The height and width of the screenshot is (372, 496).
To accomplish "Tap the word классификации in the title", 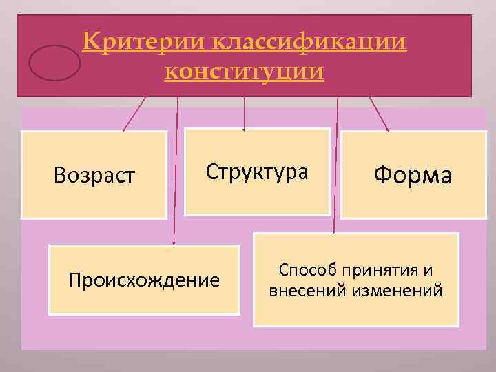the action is click(307, 43).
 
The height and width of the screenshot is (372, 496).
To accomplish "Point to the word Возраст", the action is click(94, 177).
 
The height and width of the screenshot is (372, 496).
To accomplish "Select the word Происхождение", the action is click(145, 280).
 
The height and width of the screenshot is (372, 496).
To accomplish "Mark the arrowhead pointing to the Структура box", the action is click(244, 127).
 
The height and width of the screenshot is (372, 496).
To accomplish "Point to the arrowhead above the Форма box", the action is click(387, 128).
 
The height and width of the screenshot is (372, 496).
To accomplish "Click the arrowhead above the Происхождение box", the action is click(174, 242).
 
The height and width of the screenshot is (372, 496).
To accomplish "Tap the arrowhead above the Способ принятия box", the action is click(334, 231).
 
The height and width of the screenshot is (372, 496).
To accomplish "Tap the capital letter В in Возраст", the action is click(59, 177).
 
